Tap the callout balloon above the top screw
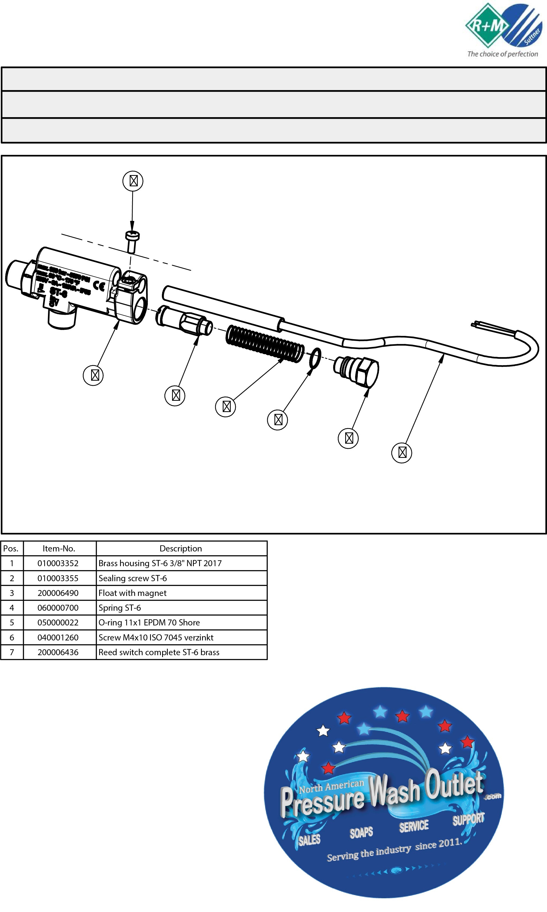coord(133,181)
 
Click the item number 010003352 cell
coord(58,563)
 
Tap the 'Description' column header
coord(181,548)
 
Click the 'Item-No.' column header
coord(59,548)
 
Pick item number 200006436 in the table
coord(58,652)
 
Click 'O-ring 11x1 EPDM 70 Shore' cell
coord(149,623)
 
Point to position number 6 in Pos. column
coord(12,637)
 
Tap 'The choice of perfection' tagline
coord(503,54)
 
